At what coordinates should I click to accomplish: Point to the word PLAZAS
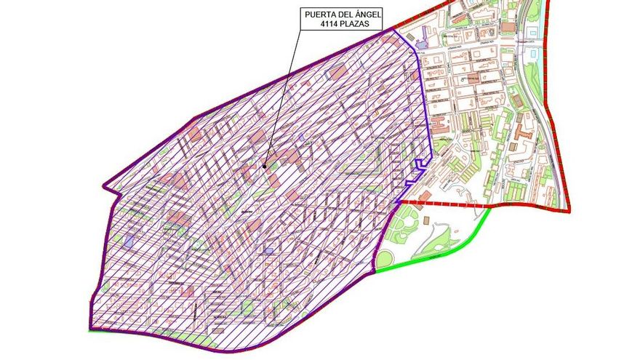point(361,24)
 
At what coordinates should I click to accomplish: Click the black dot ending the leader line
point(265,166)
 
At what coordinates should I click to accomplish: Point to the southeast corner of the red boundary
point(569,212)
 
